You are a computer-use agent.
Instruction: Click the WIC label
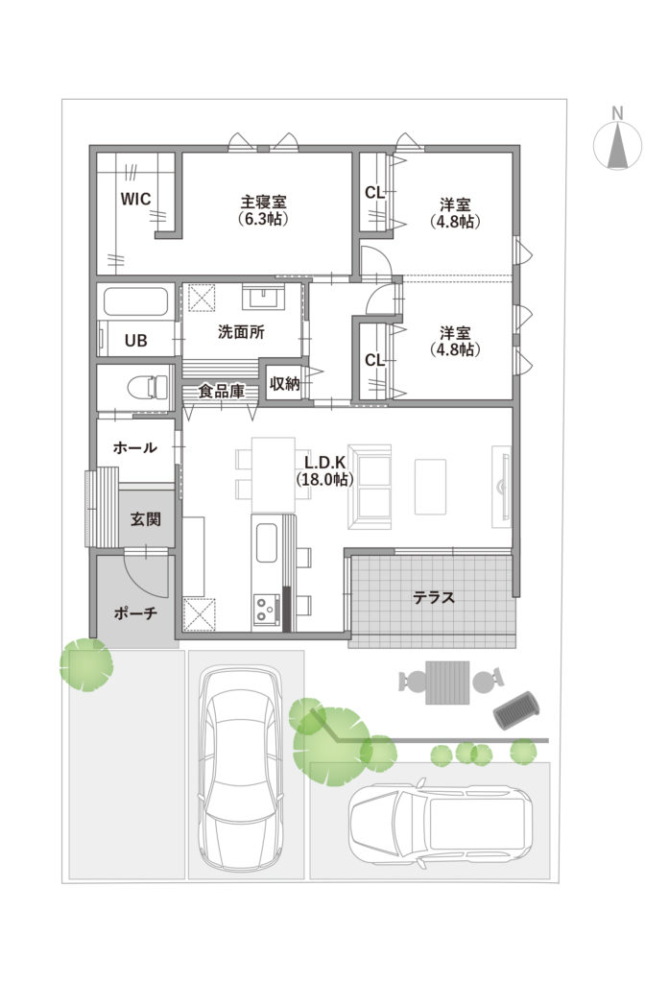coord(135,199)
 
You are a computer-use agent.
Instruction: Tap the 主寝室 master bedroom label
coord(263,203)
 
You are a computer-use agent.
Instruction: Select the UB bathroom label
coord(135,341)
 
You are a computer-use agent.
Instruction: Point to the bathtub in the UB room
coord(135,301)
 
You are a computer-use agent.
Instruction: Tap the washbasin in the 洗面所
coord(264,296)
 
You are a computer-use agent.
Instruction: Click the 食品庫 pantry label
coord(221,392)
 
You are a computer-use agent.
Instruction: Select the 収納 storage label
coord(285,383)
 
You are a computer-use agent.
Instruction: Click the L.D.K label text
coord(324,462)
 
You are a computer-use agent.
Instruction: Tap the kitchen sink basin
coord(267,543)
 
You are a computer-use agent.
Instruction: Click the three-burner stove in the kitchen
coord(267,608)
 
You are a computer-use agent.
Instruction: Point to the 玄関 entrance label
coord(146,519)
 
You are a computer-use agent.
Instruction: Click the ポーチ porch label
coord(135,612)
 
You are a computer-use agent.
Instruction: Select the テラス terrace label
coord(433,597)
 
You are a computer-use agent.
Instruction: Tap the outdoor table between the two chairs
coord(447,683)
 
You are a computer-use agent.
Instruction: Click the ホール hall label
coord(134,447)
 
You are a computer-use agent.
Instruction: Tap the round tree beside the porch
coord(86,664)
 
